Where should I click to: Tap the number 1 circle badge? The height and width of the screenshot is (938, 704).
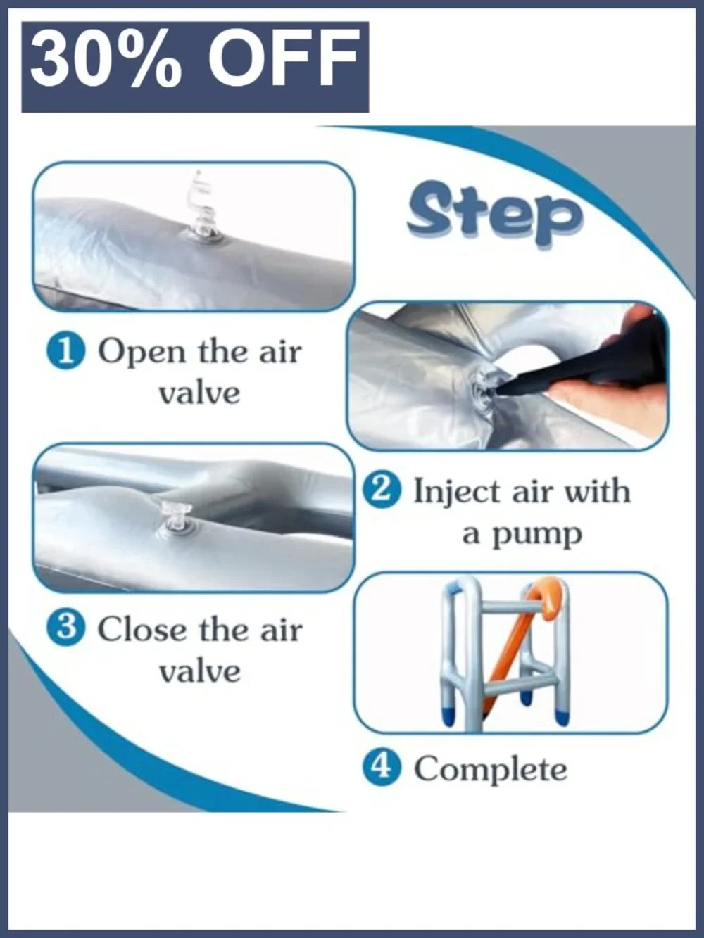(x=66, y=354)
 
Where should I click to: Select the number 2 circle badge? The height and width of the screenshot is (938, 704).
(x=382, y=493)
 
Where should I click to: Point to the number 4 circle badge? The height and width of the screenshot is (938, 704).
(x=382, y=770)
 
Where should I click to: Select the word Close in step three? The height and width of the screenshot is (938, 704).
(x=143, y=631)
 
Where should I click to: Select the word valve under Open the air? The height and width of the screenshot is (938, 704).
(x=200, y=393)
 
